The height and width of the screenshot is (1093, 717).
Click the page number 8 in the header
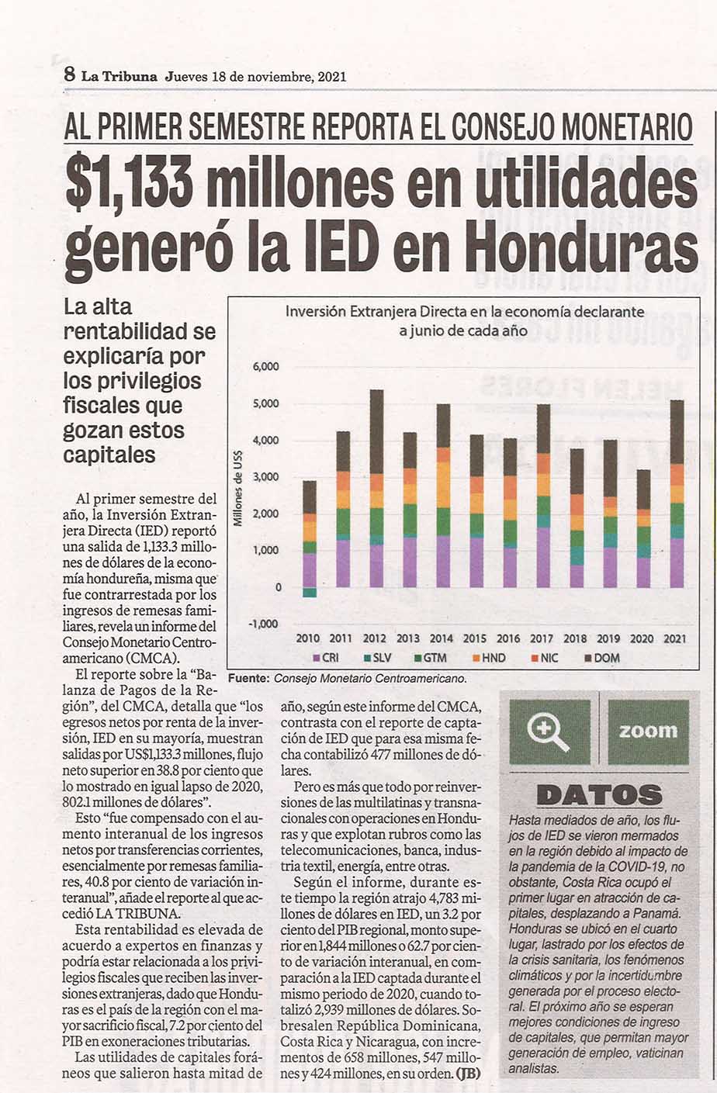click(70, 75)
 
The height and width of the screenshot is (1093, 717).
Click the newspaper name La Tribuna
click(119, 77)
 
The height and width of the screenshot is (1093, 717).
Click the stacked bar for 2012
click(376, 489)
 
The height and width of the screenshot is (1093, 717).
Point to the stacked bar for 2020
click(643, 528)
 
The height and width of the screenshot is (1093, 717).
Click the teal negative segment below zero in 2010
click(310, 593)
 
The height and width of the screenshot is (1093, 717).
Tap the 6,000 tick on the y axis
click(266, 366)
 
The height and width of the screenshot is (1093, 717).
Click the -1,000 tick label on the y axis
click(264, 624)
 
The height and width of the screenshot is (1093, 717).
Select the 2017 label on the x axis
click(542, 638)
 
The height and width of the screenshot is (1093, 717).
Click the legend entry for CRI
click(326, 658)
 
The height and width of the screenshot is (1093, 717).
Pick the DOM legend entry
click(602, 658)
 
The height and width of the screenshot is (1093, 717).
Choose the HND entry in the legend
click(489, 658)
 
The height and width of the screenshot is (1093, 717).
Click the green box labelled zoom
click(648, 732)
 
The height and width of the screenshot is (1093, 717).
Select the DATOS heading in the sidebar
click(599, 796)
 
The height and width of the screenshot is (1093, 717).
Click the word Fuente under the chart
click(249, 678)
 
